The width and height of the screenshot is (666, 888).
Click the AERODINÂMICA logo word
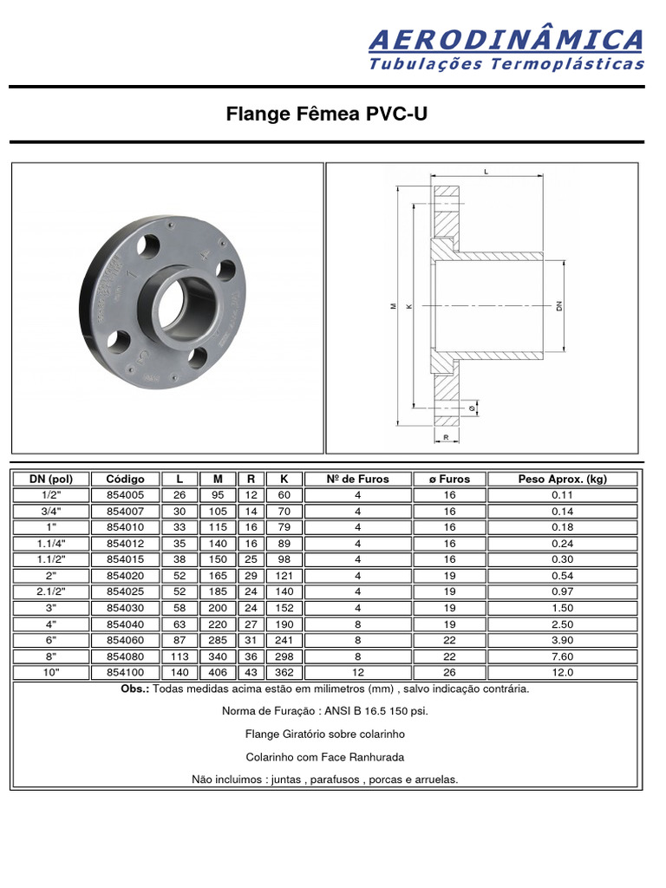coord(506,40)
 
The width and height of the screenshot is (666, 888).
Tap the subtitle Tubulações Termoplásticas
coord(506,63)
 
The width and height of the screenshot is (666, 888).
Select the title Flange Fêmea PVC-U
coord(327,114)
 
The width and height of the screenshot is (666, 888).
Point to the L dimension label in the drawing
coord(486,173)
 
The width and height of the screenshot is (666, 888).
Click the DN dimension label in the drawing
coord(559,305)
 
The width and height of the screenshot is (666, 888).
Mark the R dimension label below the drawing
coord(446,438)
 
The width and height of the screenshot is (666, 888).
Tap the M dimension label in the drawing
coord(392,305)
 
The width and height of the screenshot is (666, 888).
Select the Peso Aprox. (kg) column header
coord(562,479)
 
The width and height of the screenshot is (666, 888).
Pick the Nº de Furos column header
coord(357,479)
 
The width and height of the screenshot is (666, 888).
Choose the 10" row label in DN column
coord(50,673)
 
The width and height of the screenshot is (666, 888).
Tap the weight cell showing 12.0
coord(562,673)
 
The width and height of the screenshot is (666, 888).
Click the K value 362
coord(279,673)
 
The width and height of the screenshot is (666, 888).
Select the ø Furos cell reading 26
coord(449,673)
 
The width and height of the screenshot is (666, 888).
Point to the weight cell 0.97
coord(562,591)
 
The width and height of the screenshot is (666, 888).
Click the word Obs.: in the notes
coord(136,689)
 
